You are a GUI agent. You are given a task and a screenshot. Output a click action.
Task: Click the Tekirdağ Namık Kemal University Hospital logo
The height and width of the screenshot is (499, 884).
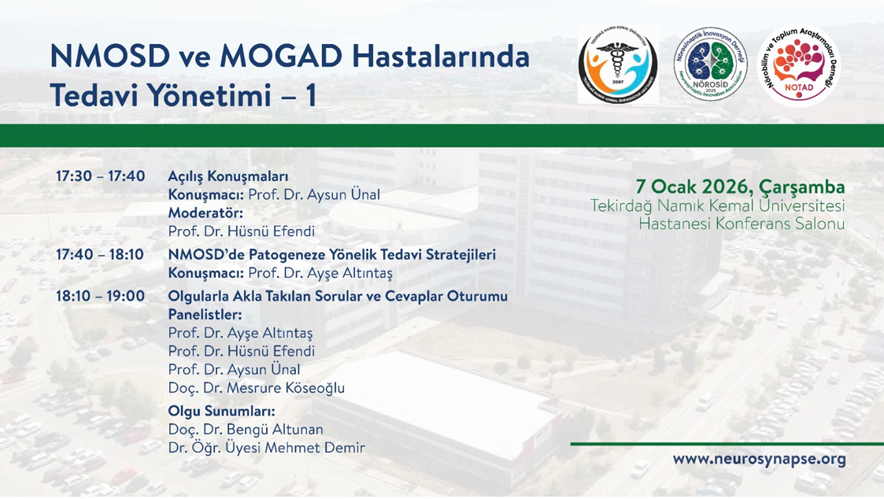point(618,64)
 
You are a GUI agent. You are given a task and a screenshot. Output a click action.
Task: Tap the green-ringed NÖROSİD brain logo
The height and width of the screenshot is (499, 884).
point(710,64)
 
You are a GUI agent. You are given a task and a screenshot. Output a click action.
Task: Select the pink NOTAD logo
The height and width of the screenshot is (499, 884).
point(799,65)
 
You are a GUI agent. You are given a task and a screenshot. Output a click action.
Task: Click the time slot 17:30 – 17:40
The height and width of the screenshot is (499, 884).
point(100,176)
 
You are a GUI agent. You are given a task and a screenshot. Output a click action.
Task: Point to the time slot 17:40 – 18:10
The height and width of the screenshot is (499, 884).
point(100,255)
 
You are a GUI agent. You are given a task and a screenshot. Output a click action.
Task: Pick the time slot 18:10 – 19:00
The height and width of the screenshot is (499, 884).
point(100,297)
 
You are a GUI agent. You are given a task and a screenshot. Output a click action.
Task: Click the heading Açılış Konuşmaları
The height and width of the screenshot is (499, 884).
point(228,177)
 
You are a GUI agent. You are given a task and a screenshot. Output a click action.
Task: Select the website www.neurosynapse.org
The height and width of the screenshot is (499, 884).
point(760,459)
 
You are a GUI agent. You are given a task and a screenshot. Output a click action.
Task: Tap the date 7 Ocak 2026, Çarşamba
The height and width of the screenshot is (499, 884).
point(740,187)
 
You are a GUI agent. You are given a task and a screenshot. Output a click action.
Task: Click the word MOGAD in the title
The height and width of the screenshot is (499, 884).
point(281,57)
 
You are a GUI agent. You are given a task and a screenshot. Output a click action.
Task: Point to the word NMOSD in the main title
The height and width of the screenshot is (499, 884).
point(110,57)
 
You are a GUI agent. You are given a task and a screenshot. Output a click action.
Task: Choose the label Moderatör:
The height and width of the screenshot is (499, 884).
point(205,213)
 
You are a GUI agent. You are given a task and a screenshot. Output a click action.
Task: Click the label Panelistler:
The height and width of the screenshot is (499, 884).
point(205,315)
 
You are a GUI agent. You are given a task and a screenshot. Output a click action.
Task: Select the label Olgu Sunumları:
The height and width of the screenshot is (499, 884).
point(221,411)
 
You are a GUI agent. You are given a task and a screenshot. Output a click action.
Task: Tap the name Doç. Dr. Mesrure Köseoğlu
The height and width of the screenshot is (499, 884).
point(257,388)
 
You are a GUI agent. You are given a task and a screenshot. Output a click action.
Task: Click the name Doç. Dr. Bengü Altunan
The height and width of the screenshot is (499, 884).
point(246,430)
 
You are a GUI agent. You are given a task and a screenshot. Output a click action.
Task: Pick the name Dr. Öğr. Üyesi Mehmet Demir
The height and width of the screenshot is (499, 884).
point(267,449)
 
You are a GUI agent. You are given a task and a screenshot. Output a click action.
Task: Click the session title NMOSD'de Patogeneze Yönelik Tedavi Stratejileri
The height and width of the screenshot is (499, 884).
point(332,255)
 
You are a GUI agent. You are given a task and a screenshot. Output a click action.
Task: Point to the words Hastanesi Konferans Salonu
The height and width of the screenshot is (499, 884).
point(742,224)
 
